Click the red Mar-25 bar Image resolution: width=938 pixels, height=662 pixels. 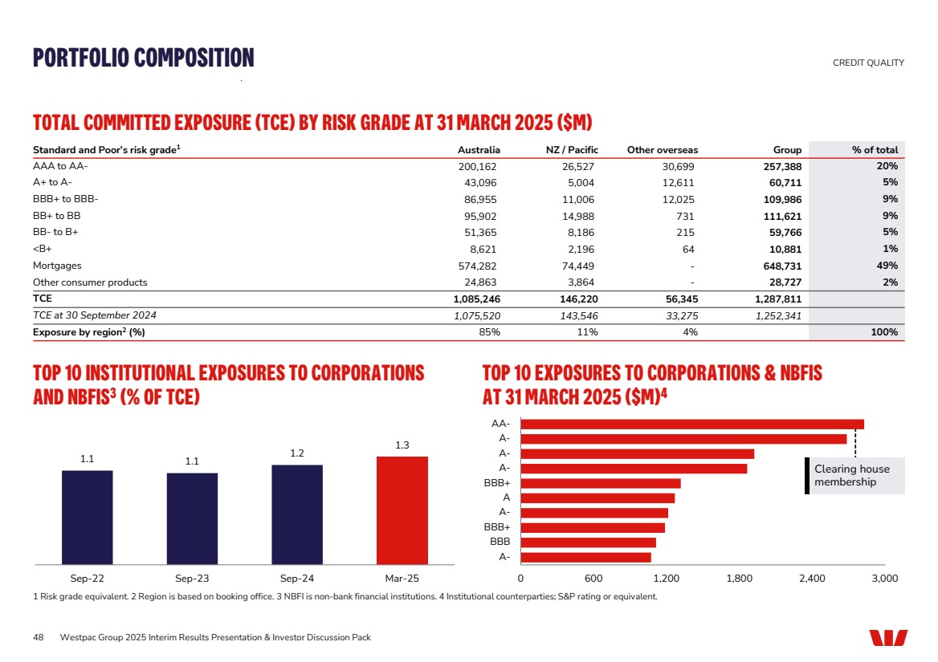click(x=402, y=510)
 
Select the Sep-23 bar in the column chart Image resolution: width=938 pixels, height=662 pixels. click(x=192, y=518)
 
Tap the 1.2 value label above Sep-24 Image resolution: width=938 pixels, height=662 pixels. click(x=297, y=453)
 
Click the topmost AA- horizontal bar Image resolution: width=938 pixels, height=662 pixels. click(x=691, y=424)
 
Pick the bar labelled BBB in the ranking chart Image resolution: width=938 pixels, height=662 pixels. click(x=588, y=542)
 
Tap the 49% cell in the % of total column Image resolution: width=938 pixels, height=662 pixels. click(x=886, y=266)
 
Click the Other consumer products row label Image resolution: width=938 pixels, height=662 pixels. click(x=90, y=282)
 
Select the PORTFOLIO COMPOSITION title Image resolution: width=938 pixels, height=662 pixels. click(x=143, y=58)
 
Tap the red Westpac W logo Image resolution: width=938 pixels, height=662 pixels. click(x=888, y=637)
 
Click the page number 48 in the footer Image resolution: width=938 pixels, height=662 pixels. click(x=38, y=637)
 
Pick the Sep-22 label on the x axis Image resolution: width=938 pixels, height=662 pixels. click(x=88, y=578)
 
